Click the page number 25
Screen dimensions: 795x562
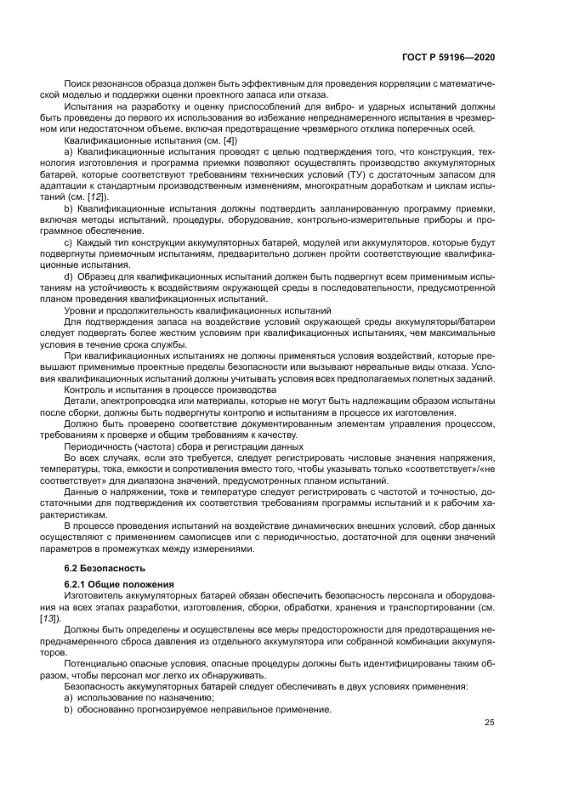click(x=489, y=723)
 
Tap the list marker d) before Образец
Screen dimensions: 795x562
click(x=68, y=278)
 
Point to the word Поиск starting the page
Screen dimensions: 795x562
click(x=77, y=85)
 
